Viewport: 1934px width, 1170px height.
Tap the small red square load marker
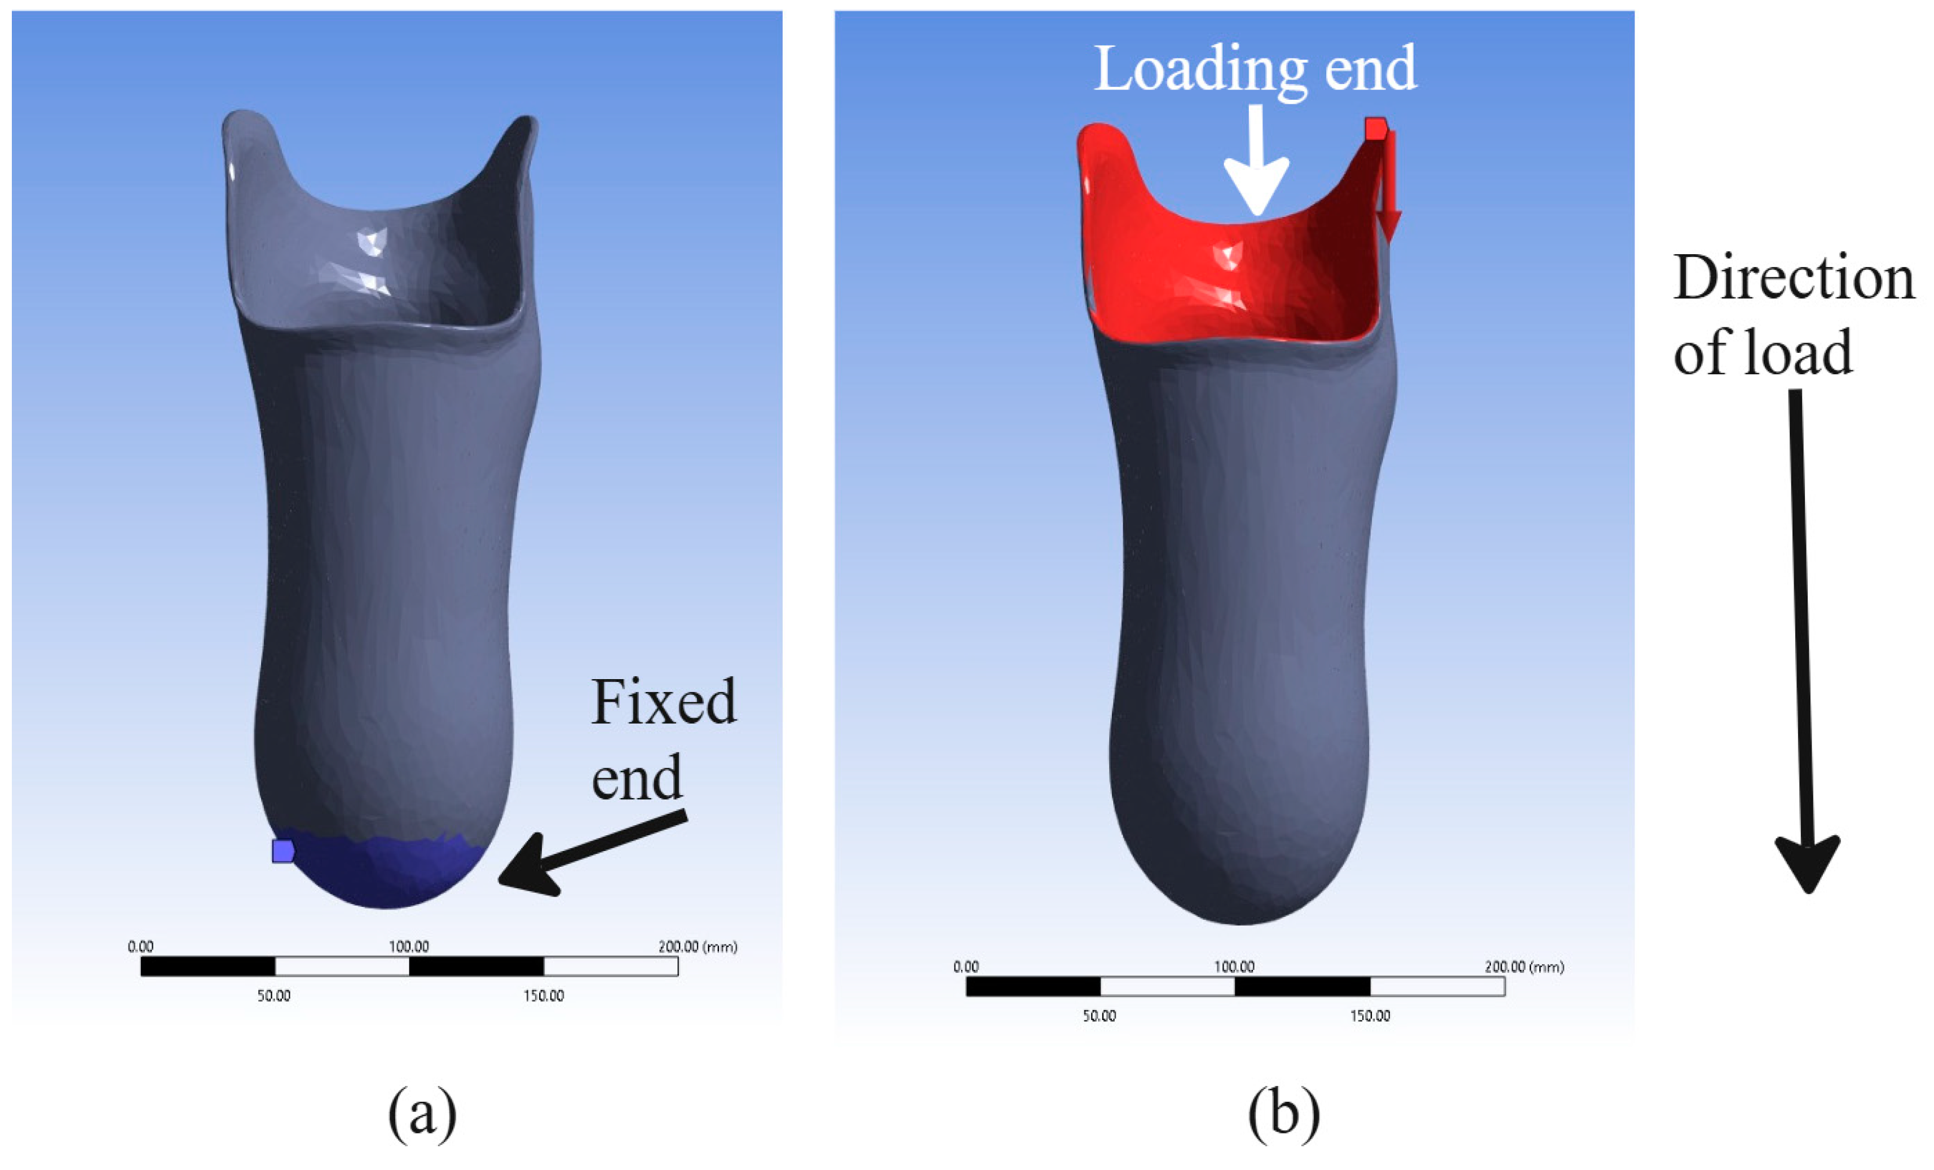1376,128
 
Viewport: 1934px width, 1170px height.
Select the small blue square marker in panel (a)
282,850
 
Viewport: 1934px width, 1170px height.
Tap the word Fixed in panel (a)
663,702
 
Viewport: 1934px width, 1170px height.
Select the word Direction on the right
1794,278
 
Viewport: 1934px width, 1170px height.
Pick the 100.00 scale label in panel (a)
409,946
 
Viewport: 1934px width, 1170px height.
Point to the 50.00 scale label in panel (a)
274,996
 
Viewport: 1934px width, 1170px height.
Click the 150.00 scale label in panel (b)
1370,1016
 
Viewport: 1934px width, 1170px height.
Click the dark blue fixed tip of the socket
385,875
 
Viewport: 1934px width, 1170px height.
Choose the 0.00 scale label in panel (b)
966,967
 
